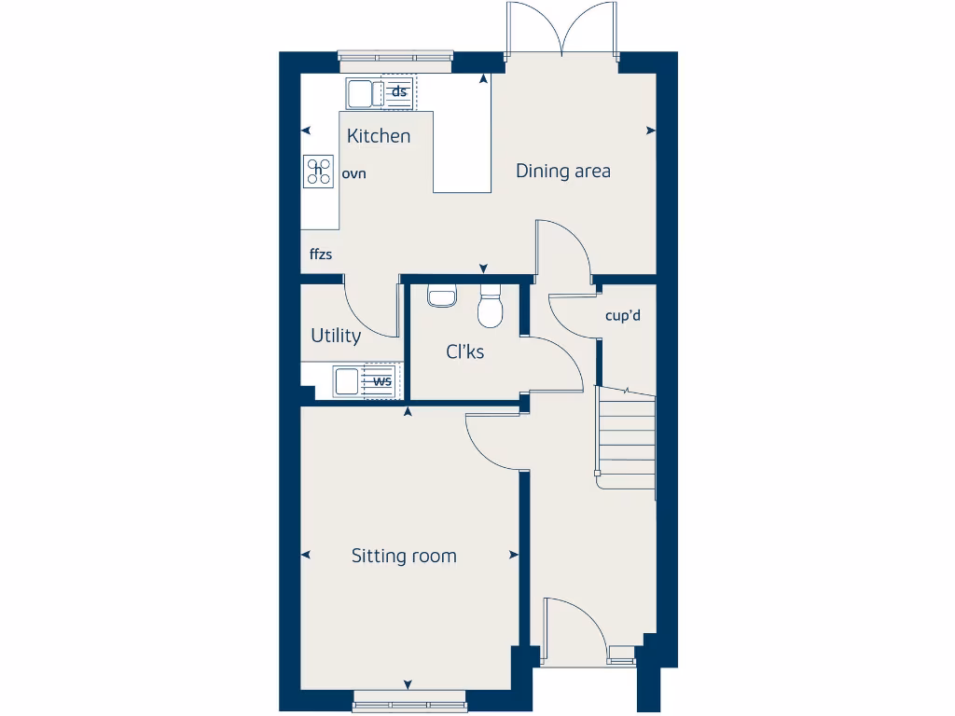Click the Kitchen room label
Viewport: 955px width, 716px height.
379,136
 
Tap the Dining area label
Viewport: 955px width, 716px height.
563,171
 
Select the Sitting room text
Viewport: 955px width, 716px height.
404,557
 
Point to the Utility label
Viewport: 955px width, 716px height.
336,336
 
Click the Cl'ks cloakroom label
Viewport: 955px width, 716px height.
464,351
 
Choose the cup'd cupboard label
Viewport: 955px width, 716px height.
623,315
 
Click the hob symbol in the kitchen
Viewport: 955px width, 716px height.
319,170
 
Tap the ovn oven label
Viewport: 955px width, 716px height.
353,173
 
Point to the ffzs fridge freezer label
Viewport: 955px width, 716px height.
321,254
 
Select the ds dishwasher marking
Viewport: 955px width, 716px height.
399,91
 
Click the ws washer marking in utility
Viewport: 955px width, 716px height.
382,380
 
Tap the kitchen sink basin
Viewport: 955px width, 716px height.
359,93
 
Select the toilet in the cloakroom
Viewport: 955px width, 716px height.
490,309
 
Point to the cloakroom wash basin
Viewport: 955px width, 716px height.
441,296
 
